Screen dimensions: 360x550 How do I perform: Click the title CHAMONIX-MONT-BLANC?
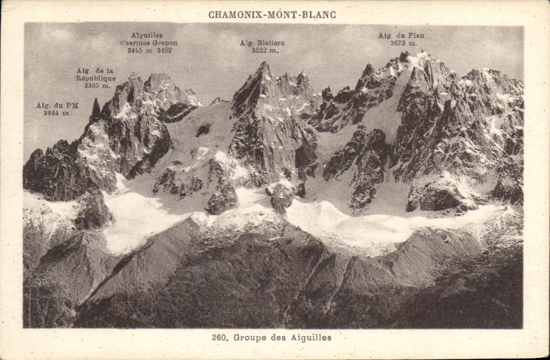272,15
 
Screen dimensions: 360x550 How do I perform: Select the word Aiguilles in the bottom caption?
311,338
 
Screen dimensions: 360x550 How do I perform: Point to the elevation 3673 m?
404,43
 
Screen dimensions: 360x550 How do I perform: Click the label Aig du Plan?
401,36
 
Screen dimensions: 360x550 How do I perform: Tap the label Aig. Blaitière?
262,43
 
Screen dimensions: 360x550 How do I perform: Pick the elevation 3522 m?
265,51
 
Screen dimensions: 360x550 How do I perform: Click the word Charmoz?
135,43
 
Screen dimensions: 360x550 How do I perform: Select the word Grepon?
165,43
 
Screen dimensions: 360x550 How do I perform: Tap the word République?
96,79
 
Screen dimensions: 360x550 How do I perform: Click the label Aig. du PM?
57,106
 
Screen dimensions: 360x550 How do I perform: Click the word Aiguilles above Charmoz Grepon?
147,35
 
